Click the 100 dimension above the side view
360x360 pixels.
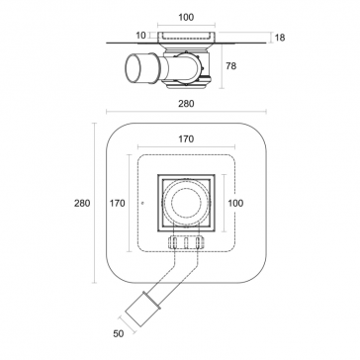[186, 17]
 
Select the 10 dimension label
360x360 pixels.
[141, 36]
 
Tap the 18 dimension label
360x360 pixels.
[280, 38]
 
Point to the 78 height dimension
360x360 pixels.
[231, 66]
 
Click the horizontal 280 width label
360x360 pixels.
[186, 104]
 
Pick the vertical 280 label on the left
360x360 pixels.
[82, 203]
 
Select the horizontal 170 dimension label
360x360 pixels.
[186, 139]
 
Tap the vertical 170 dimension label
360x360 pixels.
[118, 203]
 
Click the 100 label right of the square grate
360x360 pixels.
[235, 203]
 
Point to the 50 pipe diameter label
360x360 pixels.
[119, 333]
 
